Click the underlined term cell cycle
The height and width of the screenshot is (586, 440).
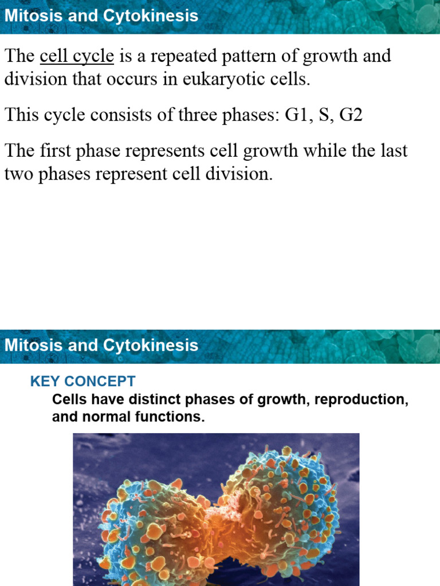point(77,57)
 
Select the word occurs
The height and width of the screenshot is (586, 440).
point(159,79)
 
